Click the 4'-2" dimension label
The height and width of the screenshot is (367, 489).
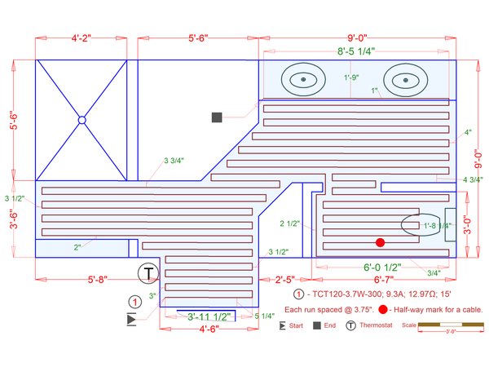80,38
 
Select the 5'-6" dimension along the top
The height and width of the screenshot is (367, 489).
199,38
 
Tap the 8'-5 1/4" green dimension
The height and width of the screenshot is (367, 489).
356,51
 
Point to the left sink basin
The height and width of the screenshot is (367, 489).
303,80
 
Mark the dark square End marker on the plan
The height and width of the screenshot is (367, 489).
218,117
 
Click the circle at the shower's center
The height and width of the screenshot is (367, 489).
81,121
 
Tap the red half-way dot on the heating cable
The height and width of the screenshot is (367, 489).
380,242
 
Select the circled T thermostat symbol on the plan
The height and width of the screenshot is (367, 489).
148,272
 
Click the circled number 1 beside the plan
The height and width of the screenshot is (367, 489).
136,301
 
